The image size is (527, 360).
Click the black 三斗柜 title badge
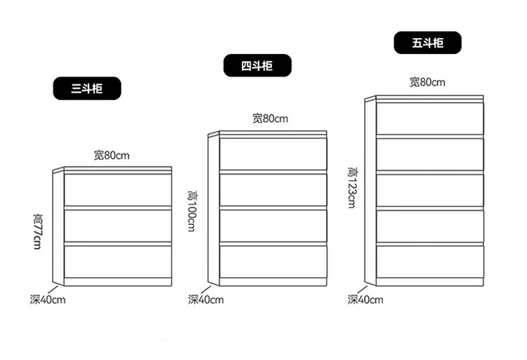tap(87, 89)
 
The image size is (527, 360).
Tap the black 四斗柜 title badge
tap(256, 66)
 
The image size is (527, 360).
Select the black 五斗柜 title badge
tap(428, 43)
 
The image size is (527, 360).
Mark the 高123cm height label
tap(351, 187)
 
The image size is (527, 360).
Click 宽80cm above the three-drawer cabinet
tap(112, 155)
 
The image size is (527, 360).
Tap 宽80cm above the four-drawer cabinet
tap(271, 118)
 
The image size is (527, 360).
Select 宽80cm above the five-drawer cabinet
tap(428, 82)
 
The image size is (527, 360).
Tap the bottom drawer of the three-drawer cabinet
tap(118, 261)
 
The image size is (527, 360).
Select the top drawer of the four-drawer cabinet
tap(273, 154)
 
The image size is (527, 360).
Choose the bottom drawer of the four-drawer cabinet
tap(273, 261)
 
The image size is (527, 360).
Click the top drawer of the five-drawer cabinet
tap(430, 118)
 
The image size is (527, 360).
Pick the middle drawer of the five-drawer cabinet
tap(430, 190)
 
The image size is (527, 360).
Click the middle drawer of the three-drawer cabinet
tap(118, 225)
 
